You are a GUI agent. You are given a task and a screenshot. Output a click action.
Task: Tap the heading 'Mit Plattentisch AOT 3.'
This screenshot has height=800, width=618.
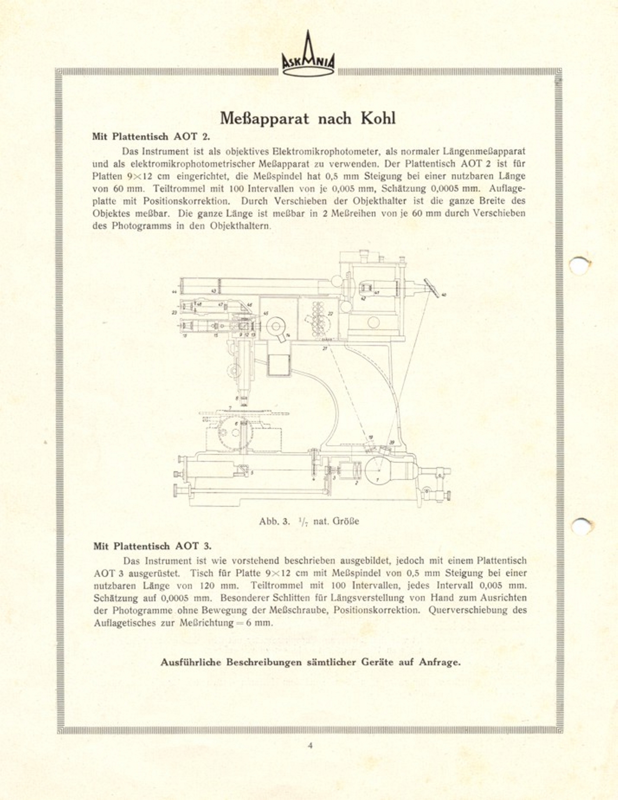click(152, 546)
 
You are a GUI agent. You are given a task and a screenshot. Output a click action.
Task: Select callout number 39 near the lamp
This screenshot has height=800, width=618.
click(392, 442)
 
